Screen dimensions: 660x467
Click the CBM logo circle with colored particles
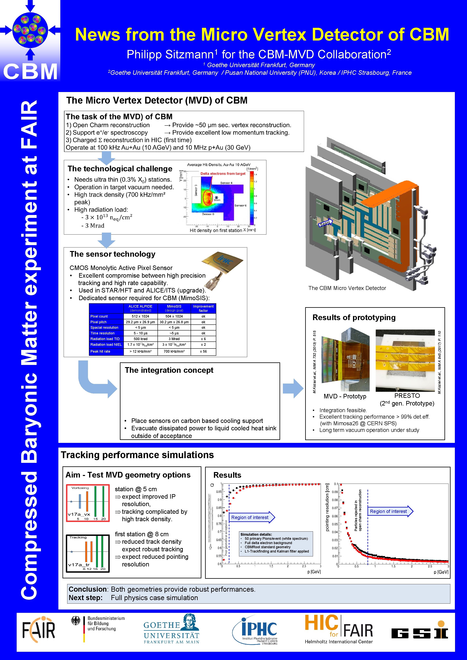[30, 30]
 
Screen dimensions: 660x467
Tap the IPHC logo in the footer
[256, 630]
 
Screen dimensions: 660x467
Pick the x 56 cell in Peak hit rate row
[203, 351]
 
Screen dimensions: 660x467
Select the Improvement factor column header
[203, 308]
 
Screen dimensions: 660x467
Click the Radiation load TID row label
[105, 339]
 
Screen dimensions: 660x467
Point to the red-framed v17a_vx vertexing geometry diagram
[88, 503]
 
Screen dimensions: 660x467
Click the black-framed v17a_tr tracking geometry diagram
[88, 553]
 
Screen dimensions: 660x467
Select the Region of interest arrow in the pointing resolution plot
[390, 511]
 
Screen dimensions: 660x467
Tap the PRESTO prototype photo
[405, 360]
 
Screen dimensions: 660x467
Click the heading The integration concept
[169, 370]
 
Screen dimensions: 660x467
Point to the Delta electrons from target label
[223, 174]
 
